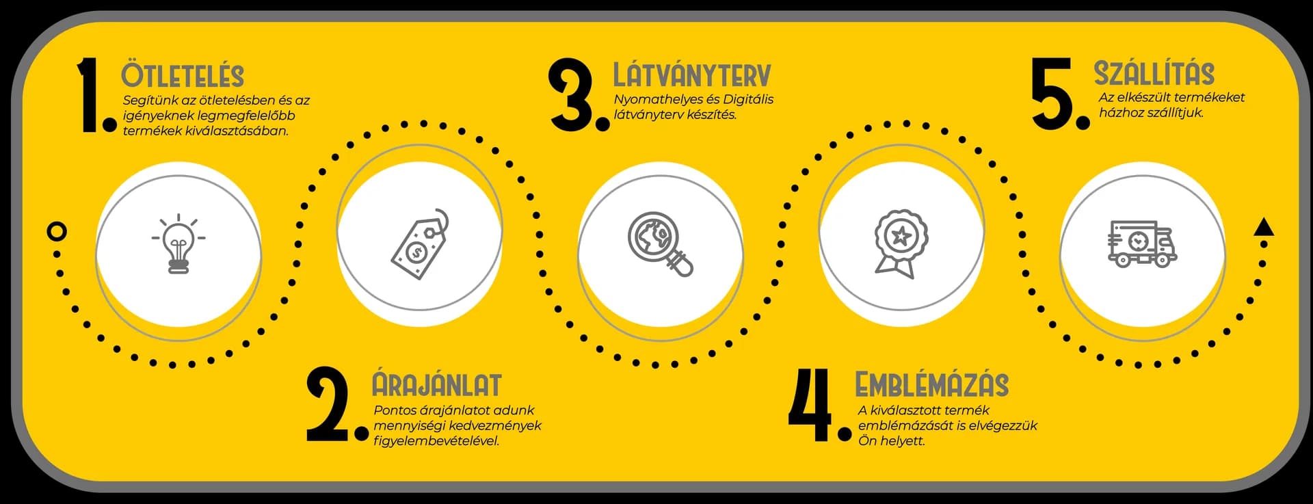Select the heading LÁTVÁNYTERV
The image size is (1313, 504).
tap(692, 75)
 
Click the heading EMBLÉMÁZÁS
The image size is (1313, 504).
tap(932, 384)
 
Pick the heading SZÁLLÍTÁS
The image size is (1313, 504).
tap(1154, 72)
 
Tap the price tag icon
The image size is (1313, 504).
tap(421, 244)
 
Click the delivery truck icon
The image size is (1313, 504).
tap(1142, 244)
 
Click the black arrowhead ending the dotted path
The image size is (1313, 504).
tap(1264, 227)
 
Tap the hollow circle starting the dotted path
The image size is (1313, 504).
tap(57, 231)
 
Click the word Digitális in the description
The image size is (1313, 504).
tap(748, 99)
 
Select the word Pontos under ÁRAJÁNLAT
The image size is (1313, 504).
tap(395, 410)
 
